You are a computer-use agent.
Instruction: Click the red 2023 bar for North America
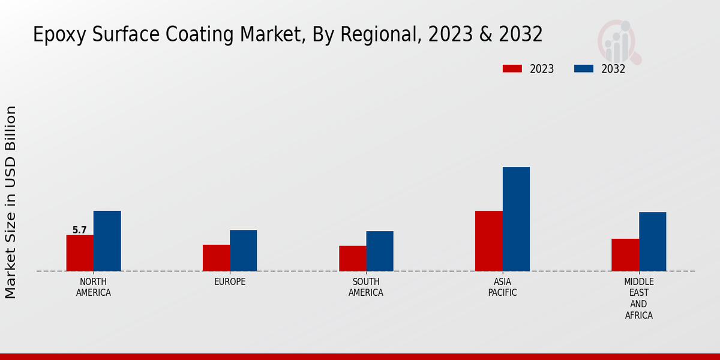[x=80, y=253]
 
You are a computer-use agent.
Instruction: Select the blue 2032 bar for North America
[x=107, y=241]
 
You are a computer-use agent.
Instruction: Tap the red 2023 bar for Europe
[x=216, y=257]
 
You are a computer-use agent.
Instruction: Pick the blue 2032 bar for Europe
[x=243, y=250]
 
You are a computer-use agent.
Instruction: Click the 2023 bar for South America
[x=352, y=258]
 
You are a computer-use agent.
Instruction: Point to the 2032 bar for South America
[x=380, y=251]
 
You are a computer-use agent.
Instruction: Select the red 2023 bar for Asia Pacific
[x=488, y=241]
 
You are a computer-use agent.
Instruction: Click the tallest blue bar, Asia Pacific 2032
[x=516, y=218]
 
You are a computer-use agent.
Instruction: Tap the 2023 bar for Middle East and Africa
[x=625, y=254]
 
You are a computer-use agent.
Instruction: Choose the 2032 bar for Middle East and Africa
[x=652, y=241]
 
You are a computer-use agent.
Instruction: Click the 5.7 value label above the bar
[x=80, y=230]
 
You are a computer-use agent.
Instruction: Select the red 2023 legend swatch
[x=512, y=68]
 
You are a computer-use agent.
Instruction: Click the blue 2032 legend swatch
[x=583, y=68]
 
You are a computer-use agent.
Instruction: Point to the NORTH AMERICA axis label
[x=94, y=287]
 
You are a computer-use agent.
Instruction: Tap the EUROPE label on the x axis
[x=230, y=282]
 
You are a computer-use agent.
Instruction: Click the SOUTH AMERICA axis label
[x=366, y=287]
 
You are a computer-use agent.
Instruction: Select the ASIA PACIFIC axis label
[x=502, y=287]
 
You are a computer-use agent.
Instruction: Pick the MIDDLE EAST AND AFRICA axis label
[x=638, y=298]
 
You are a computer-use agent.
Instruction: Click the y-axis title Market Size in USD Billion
[x=11, y=202]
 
